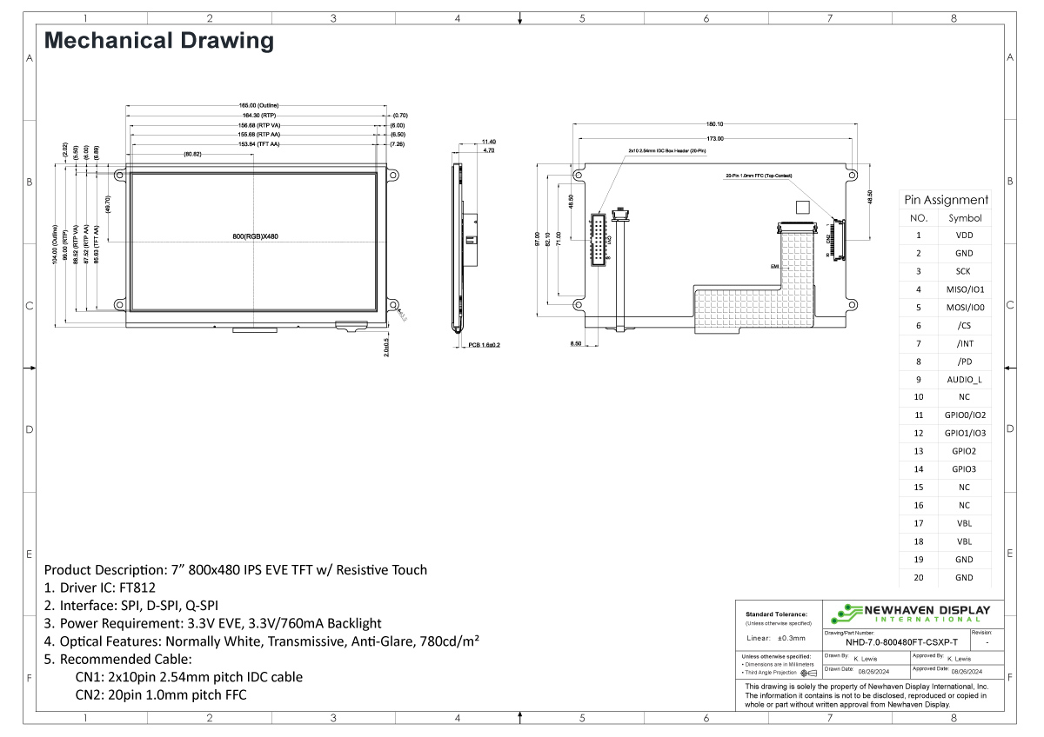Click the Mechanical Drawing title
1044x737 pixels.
tap(158, 40)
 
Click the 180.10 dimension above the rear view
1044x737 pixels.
tap(714, 124)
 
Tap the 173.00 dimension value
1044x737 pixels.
tap(714, 138)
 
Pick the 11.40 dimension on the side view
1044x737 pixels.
tap(488, 142)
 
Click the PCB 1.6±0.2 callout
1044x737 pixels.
tap(485, 345)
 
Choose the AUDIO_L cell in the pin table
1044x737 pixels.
tap(964, 380)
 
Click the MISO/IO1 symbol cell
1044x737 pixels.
tap(964, 289)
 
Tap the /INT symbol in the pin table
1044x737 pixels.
tap(964, 343)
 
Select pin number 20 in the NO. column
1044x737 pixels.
tap(918, 578)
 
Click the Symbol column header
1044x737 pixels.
tap(964, 218)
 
